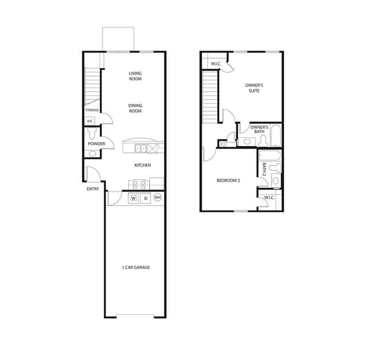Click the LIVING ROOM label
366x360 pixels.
pyautogui.click(x=135, y=76)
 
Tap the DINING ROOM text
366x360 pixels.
pyautogui.click(x=135, y=108)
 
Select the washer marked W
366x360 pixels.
pyautogui.click(x=133, y=199)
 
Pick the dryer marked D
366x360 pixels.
pyautogui.click(x=145, y=199)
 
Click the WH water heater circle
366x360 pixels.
pyautogui.click(x=158, y=197)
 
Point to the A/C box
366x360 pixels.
pyautogui.click(x=89, y=121)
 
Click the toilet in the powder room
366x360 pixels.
pyautogui.click(x=92, y=133)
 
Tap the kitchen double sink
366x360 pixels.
pyautogui.click(x=140, y=148)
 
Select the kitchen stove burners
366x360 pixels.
pyautogui.click(x=139, y=184)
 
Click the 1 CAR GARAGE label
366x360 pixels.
pyautogui.click(x=136, y=267)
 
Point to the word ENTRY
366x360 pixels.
pyautogui.click(x=93, y=189)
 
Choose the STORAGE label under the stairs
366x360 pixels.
pyautogui.click(x=92, y=110)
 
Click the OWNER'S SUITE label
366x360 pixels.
pyautogui.click(x=254, y=88)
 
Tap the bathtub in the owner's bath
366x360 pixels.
pyautogui.click(x=276, y=136)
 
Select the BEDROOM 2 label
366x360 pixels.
pyautogui.click(x=229, y=180)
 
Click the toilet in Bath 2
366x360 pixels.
pyautogui.click(x=275, y=168)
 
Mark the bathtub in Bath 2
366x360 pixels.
pyautogui.click(x=270, y=155)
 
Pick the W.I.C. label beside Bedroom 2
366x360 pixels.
pyautogui.click(x=269, y=198)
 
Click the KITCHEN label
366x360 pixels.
pyautogui.click(x=143, y=165)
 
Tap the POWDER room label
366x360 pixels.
pyautogui.click(x=96, y=144)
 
